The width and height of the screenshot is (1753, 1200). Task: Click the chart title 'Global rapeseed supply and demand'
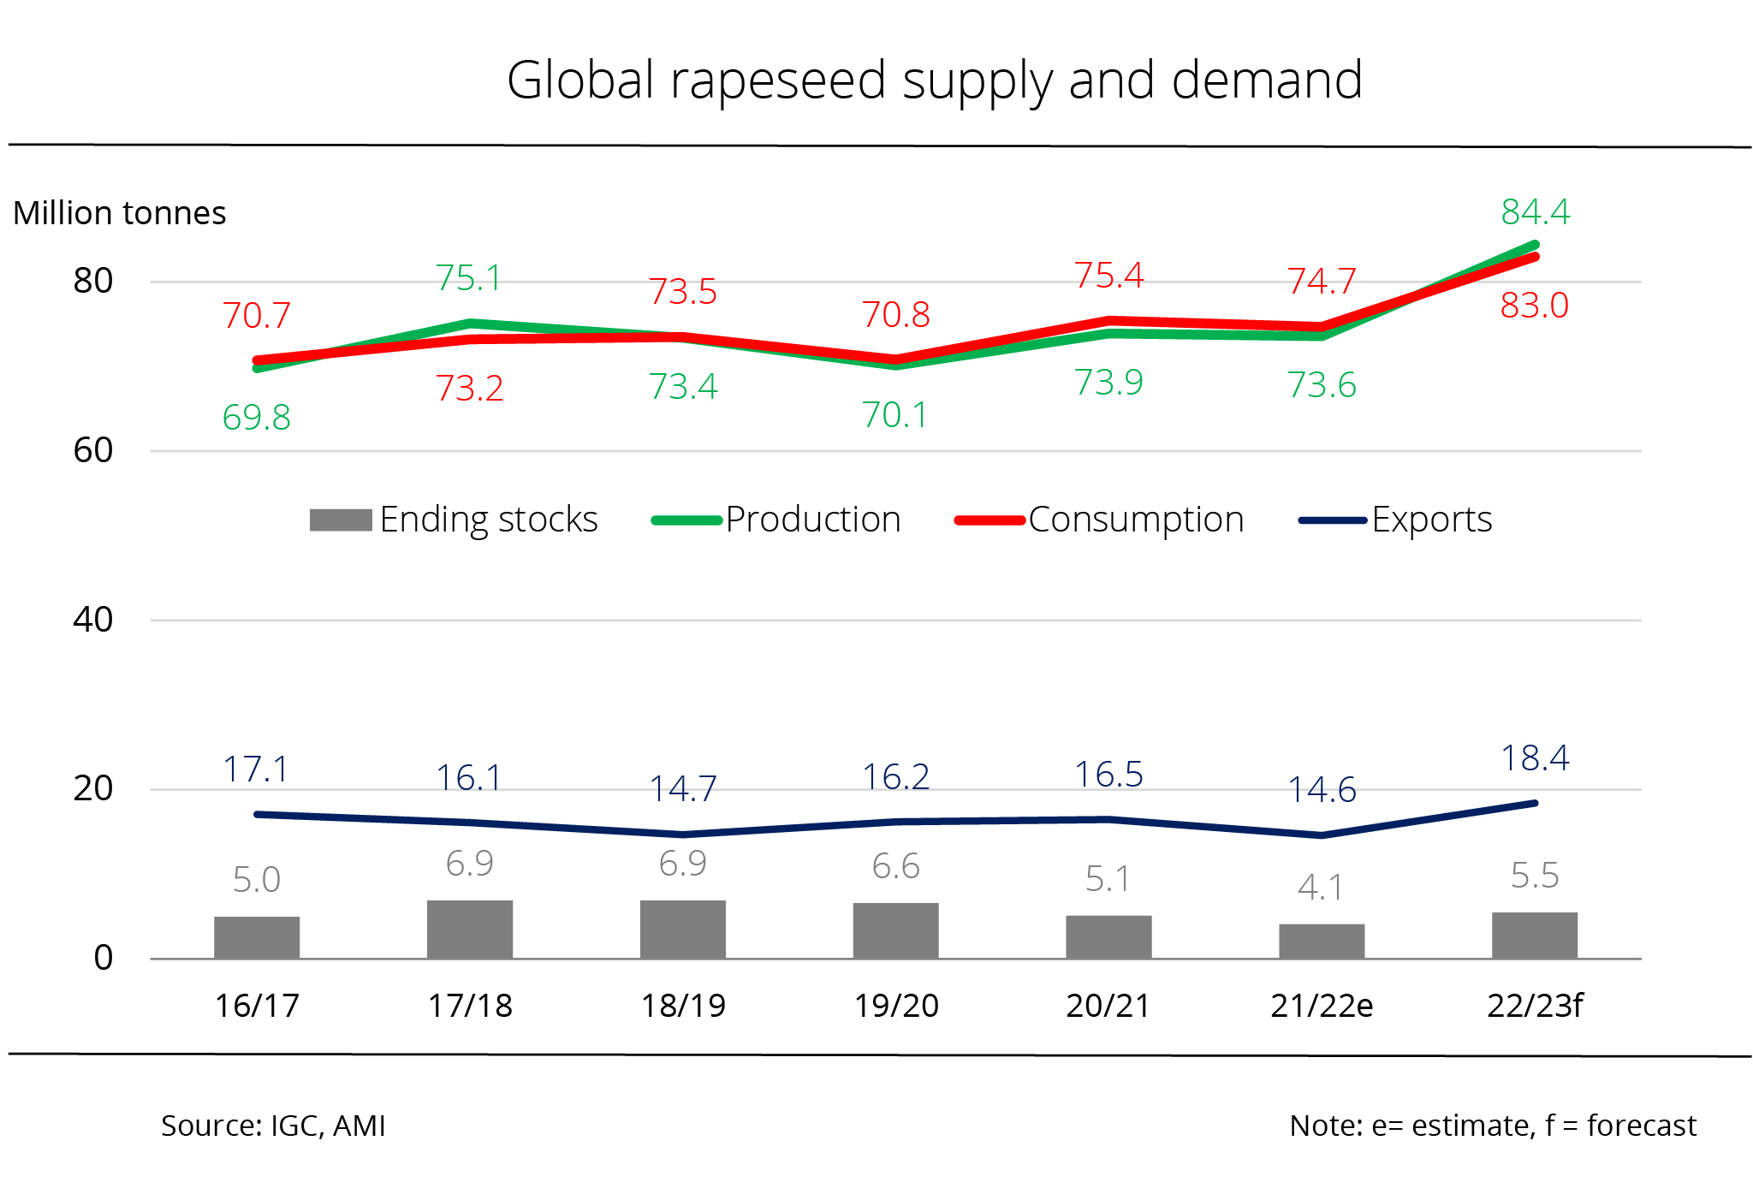coord(934,80)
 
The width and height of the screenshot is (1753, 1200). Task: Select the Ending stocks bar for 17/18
coord(470,929)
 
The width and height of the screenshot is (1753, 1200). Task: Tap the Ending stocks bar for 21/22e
coord(1322,941)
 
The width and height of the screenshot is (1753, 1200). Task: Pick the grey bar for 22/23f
coord(1535,935)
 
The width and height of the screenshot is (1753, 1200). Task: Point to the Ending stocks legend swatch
coord(341,520)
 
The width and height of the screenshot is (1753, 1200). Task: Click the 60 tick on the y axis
coord(93,450)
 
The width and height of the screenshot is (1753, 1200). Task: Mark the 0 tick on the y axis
coord(104,958)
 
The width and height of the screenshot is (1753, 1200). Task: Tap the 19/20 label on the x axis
coord(896,1006)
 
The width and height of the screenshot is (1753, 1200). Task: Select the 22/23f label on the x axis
coord(1535,1006)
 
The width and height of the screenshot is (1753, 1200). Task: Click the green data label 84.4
coord(1536,211)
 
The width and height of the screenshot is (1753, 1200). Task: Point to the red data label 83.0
coord(1535,306)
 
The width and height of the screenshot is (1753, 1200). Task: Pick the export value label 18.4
coord(1536,758)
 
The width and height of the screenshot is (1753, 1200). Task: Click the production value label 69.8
coord(257,418)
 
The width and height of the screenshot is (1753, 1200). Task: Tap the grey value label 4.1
coord(1321,888)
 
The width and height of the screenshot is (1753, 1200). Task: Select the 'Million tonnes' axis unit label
coord(120,213)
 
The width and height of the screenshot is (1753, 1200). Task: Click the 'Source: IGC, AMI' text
coord(273,1126)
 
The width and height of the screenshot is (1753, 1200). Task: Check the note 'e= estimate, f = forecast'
coord(1493,1126)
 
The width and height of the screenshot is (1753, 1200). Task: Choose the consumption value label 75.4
coord(1109,276)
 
